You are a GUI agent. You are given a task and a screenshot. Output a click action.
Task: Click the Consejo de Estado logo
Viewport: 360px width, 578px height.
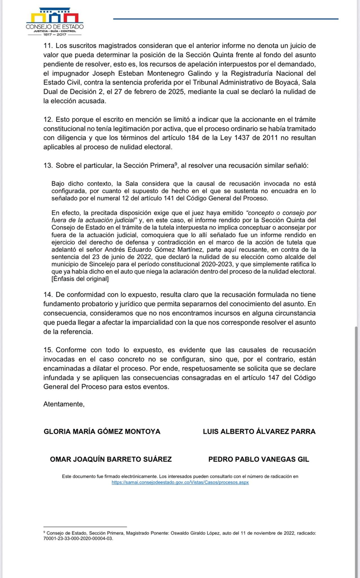tap(54, 22)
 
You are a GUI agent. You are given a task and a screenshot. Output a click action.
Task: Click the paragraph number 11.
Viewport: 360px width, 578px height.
tap(47, 45)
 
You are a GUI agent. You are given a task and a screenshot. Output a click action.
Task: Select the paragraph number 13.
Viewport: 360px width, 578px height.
tap(47, 165)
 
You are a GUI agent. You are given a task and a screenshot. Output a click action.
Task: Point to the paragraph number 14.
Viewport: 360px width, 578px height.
tap(47, 295)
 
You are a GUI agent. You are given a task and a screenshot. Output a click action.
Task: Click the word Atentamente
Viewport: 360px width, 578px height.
tap(64, 404)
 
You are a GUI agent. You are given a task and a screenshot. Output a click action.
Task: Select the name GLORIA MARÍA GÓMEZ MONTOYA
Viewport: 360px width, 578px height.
tap(102, 431)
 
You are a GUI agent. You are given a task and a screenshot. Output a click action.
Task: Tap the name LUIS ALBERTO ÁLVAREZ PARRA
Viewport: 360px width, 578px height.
tap(259, 431)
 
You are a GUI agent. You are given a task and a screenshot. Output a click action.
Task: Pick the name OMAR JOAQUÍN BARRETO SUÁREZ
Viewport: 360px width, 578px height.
tap(111, 460)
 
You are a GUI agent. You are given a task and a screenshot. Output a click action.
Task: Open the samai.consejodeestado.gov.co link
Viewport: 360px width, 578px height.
tap(180, 482)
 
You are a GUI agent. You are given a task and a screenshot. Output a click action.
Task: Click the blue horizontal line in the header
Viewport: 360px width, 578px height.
tap(226, 18)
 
